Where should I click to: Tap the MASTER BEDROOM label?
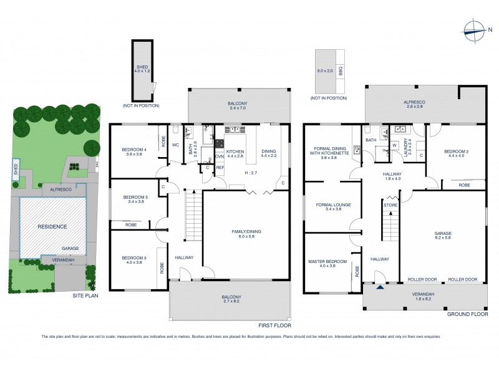(327, 263)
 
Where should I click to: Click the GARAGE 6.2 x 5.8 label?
(443, 236)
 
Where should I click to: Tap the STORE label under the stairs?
(391, 204)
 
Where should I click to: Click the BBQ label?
(341, 71)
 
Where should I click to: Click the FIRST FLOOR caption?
(275, 325)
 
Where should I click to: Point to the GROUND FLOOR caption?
(467, 314)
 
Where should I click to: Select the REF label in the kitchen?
(220, 168)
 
